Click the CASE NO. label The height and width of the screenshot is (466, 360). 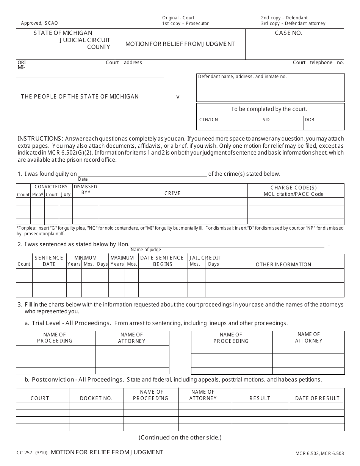point(288,33)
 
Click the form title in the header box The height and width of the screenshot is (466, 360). point(180,44)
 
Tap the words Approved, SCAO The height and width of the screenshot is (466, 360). point(39,23)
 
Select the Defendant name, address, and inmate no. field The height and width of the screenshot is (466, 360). point(270,88)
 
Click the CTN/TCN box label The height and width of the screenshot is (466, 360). point(209,120)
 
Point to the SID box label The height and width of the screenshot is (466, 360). point(266,120)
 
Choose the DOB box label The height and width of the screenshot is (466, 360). point(310,120)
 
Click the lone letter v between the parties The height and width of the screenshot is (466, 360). point(178,97)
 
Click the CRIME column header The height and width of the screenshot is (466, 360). point(172,193)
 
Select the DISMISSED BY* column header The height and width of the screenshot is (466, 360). point(86,189)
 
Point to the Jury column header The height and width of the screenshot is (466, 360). point(66,194)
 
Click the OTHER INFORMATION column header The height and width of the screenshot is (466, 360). point(283,264)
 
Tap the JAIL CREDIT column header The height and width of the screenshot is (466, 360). point(205,258)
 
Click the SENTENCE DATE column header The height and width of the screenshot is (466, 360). point(49,261)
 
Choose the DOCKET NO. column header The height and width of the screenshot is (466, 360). point(96,398)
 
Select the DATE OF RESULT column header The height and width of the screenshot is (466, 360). point(317,398)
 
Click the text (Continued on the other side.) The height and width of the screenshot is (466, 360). point(180,437)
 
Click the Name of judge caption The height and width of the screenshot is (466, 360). point(146,250)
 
